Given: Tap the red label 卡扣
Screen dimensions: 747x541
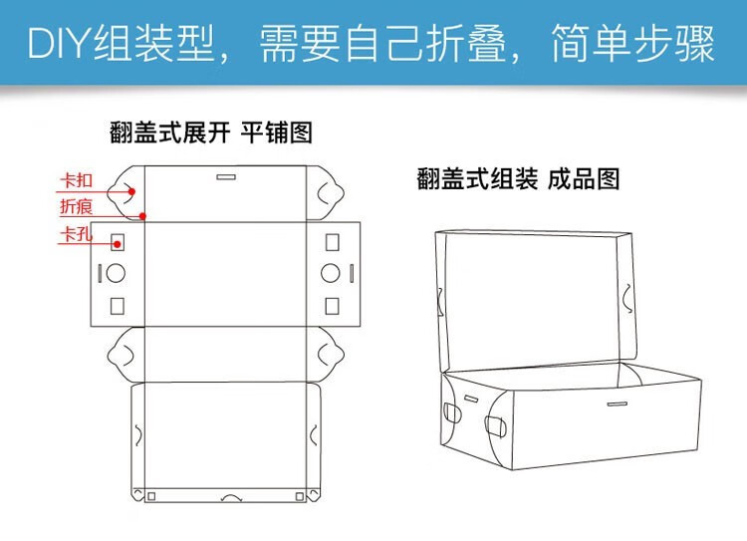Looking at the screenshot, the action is [x=76, y=180].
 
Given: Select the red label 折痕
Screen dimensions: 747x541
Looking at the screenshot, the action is [x=76, y=207].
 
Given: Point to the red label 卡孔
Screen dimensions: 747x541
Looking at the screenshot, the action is [x=76, y=235].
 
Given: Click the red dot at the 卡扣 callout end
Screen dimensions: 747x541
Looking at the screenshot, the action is [x=130, y=191].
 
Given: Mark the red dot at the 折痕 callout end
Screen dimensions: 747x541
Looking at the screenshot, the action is [x=143, y=215].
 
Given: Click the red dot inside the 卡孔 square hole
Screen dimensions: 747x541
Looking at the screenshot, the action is [x=117, y=242].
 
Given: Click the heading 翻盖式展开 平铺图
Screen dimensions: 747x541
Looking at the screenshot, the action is [x=211, y=133].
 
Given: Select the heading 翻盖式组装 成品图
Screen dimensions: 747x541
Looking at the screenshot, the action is [x=518, y=178].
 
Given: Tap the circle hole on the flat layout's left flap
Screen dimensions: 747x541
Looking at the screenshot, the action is [x=117, y=272].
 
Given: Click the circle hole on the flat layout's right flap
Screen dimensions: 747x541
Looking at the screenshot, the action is [x=332, y=272].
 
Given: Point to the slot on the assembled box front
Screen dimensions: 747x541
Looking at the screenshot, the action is [x=616, y=404].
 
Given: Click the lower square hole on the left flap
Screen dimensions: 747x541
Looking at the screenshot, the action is [x=117, y=303].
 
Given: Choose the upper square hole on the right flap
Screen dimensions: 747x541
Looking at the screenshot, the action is [x=332, y=242].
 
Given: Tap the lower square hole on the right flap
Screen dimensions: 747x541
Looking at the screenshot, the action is [x=332, y=303].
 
